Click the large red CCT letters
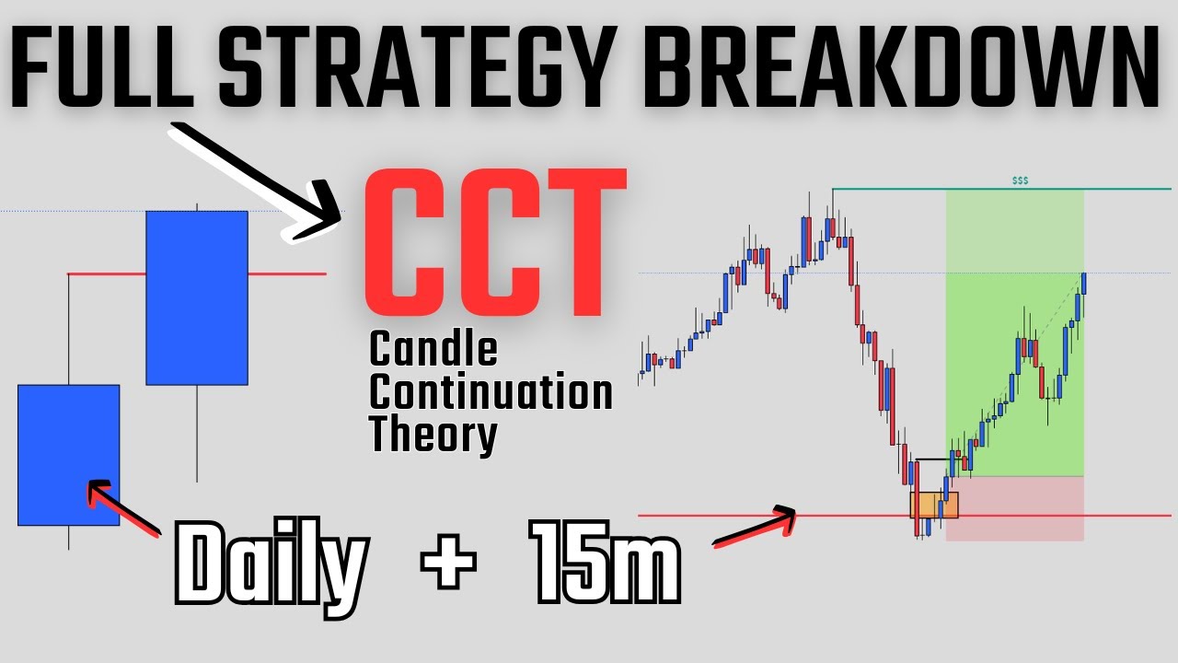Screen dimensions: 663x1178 tap(495, 245)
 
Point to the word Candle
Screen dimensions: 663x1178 tap(433, 351)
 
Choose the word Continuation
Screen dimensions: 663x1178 tap(491, 393)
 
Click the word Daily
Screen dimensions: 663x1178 tap(271, 562)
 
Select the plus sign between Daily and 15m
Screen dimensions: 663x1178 tap(450, 559)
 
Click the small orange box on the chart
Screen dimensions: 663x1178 tap(934, 505)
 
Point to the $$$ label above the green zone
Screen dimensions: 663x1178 tap(1020, 181)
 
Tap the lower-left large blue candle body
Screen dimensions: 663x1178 tap(69, 455)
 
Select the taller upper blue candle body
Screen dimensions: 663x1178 tap(197, 297)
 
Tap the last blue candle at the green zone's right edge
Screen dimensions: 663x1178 tap(1084, 283)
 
